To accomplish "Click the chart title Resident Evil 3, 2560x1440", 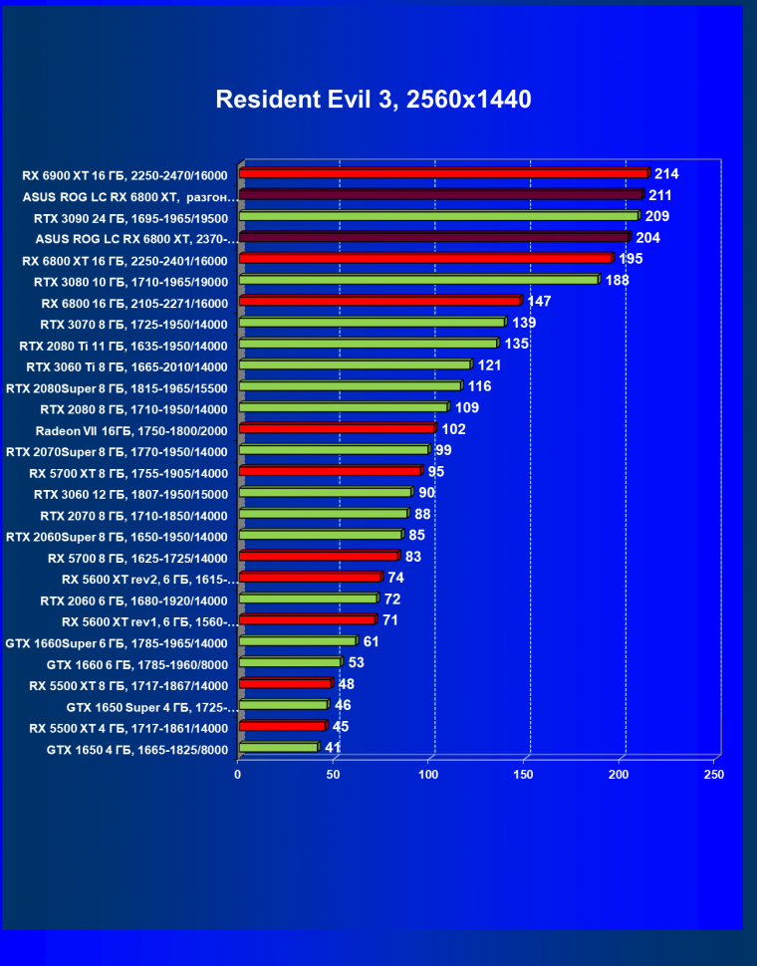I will tap(374, 100).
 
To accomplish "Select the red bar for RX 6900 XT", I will tap(443, 173).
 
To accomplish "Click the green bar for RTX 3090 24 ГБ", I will tap(438, 216).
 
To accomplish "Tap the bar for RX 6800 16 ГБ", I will tap(379, 301).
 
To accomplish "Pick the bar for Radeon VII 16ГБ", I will tap(338, 428).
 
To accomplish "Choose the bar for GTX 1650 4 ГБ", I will tap(279, 747).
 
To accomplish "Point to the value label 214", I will tap(665, 173).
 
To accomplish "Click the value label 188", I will tap(617, 280).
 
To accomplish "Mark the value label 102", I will tap(453, 429).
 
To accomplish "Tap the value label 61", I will tap(371, 641).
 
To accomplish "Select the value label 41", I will tap(333, 747).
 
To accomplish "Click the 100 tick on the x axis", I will tap(429, 774).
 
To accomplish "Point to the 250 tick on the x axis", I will tap(714, 774).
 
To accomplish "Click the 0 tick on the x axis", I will tap(238, 774).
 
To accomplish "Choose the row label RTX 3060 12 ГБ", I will tap(130, 494).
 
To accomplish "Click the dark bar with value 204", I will tap(435, 237).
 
